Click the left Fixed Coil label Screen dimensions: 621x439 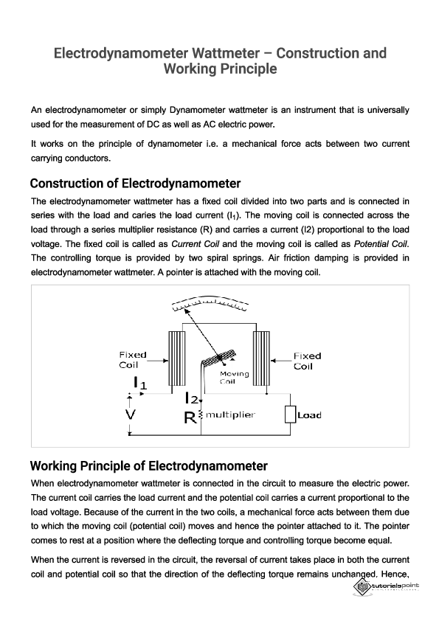tap(133, 359)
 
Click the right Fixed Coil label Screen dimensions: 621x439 tap(307, 361)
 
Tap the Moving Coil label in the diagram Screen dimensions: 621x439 tap(235, 378)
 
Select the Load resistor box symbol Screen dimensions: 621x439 tap(290, 414)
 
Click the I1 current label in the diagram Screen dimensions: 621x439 tap(139, 383)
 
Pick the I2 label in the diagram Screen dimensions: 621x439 tap(191, 398)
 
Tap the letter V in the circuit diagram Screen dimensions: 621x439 tap(130, 415)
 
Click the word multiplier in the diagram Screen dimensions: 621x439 tap(230, 415)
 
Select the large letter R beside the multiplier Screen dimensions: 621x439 tap(189, 417)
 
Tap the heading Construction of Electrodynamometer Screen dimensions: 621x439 tap(136, 184)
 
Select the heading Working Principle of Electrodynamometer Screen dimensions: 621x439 tap(148, 466)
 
